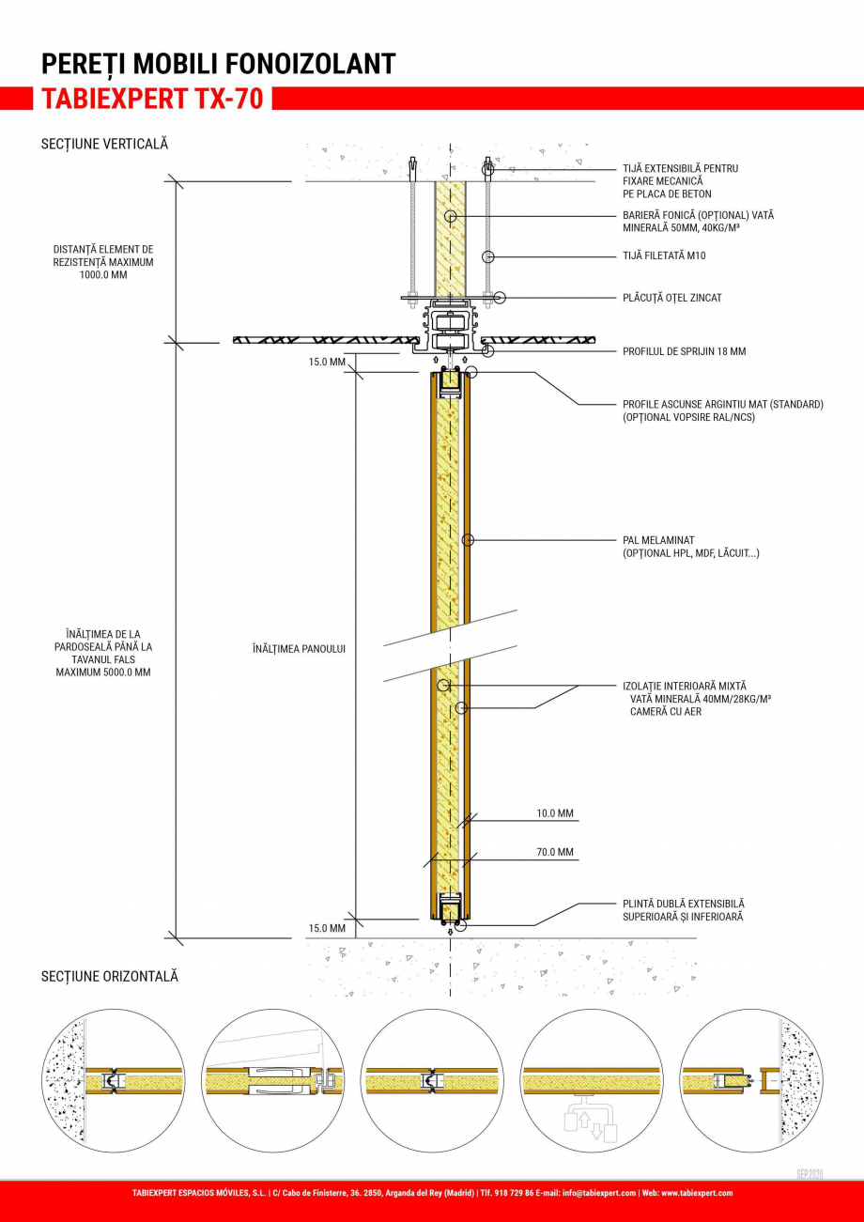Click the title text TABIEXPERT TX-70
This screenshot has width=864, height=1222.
tap(152, 99)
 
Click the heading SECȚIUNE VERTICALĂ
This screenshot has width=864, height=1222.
tap(104, 145)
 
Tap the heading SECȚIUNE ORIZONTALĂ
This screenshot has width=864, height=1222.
tap(109, 977)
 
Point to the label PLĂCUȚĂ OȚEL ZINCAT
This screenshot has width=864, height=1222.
tap(671, 298)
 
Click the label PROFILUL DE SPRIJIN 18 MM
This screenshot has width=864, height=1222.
tap(684, 351)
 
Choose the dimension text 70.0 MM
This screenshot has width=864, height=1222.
tap(555, 853)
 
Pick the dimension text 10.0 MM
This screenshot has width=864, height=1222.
tap(555, 813)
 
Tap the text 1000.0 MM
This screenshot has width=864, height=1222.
tap(103, 276)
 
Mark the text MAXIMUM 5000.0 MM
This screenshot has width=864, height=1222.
tap(103, 673)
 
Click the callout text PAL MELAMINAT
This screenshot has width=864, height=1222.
tap(658, 541)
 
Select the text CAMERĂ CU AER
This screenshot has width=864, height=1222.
tap(666, 712)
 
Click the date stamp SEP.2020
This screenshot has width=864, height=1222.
tap(810, 1174)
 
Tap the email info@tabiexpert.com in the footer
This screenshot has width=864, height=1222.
tap(599, 1193)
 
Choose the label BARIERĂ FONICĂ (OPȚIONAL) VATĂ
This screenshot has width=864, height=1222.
tap(698, 215)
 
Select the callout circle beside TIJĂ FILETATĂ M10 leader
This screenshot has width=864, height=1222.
tap(487, 256)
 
